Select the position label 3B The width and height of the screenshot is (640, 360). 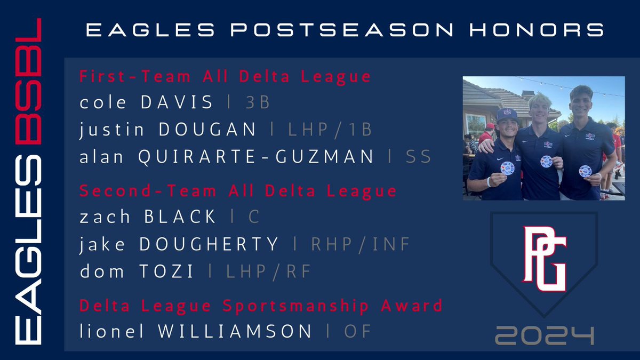tap(258, 102)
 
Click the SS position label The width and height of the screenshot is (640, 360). tap(420, 157)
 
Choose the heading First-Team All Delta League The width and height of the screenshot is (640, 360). tap(225, 77)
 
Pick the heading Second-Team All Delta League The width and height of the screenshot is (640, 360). tap(238, 190)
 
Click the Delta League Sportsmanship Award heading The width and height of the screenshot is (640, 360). tap(261, 306)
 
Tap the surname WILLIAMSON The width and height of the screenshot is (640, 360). tap(222, 331)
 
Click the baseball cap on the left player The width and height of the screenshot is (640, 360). tap(507, 114)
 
